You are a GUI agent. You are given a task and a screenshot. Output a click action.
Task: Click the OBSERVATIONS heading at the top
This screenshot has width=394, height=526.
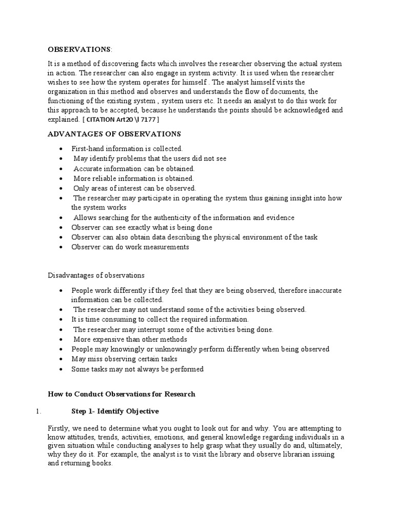point(79,49)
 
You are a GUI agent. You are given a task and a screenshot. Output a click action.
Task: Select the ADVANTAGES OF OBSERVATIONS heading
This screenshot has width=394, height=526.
point(114,134)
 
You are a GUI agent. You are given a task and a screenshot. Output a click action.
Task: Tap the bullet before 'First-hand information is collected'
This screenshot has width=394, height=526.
point(61,149)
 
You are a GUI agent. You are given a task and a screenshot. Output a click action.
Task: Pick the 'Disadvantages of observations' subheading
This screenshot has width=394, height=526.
point(96,275)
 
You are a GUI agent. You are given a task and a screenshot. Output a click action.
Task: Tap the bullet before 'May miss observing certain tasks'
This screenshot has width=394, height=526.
point(61,359)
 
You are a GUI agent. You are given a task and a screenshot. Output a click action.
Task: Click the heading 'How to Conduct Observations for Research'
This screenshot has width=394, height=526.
point(122,394)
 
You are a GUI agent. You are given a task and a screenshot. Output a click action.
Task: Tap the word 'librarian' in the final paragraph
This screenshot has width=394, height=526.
point(301,453)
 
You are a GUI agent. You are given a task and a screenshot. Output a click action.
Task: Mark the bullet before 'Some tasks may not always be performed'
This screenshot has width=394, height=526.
point(61,369)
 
